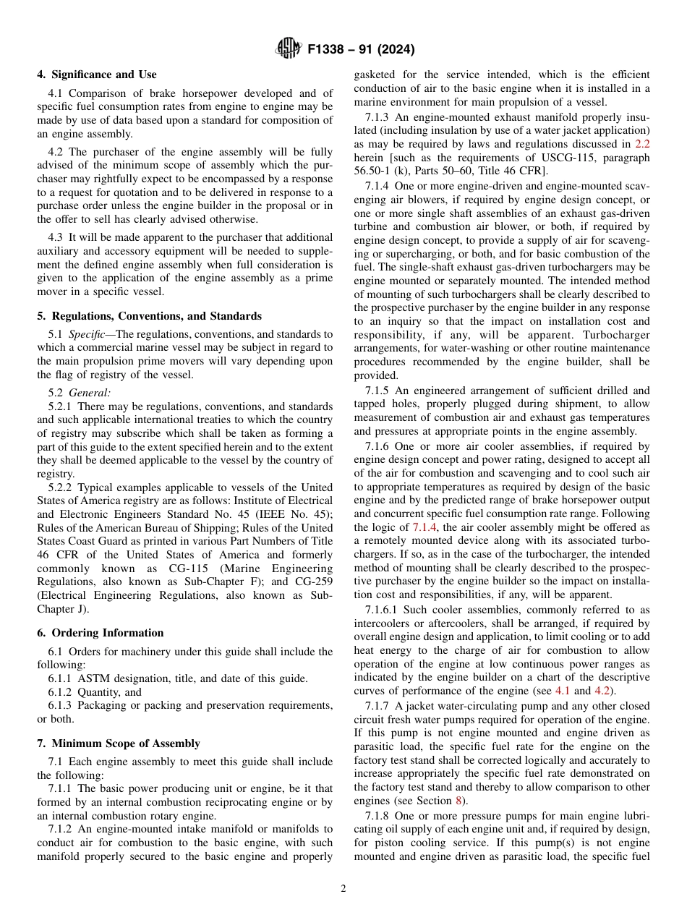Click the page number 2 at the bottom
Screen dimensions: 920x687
(x=343, y=889)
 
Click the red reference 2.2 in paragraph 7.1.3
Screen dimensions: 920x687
(x=642, y=144)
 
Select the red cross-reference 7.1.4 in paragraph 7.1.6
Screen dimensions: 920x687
(x=424, y=528)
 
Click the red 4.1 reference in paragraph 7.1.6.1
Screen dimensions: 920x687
(x=563, y=691)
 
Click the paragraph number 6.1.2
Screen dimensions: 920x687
(x=64, y=692)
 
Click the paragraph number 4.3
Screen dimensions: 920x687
(x=57, y=237)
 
